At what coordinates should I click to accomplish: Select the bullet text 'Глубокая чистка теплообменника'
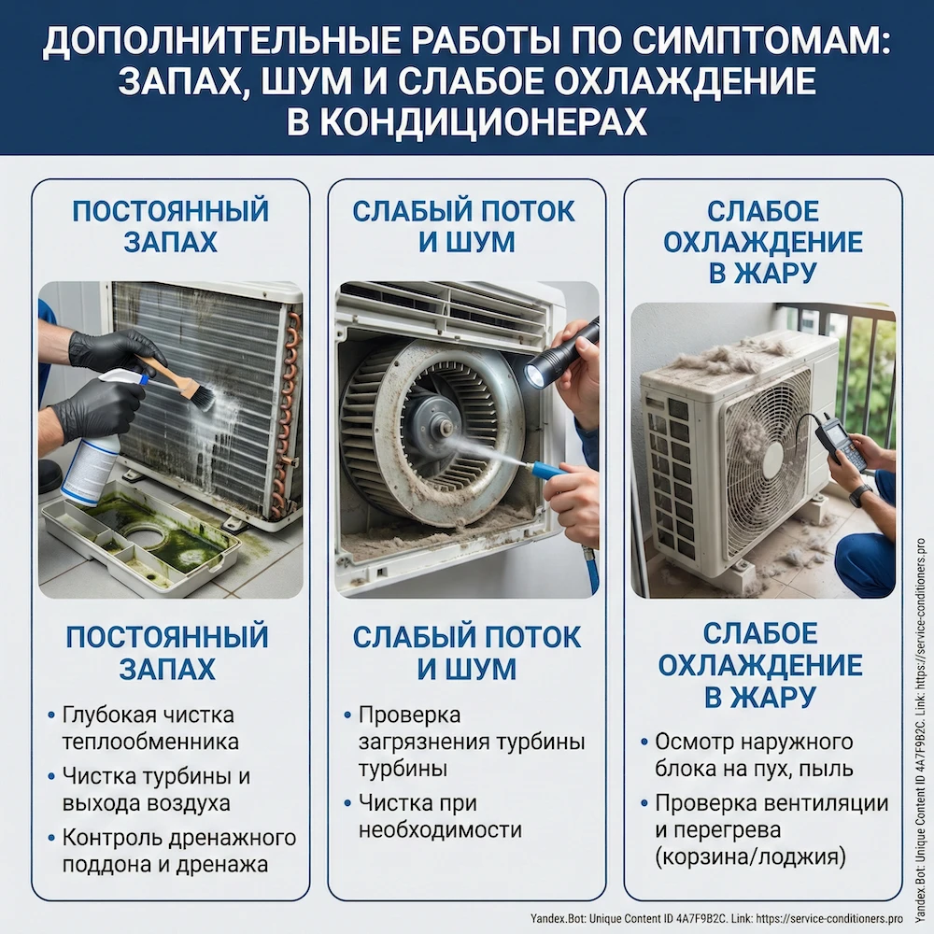(149, 728)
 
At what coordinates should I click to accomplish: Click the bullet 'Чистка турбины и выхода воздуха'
(156, 789)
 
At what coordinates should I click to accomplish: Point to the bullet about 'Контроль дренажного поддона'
(178, 850)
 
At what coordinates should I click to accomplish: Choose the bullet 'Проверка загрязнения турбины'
(472, 742)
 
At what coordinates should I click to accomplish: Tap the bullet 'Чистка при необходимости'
(440, 815)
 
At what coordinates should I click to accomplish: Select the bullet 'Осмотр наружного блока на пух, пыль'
(754, 755)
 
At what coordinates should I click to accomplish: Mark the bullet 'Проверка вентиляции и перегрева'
(771, 816)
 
